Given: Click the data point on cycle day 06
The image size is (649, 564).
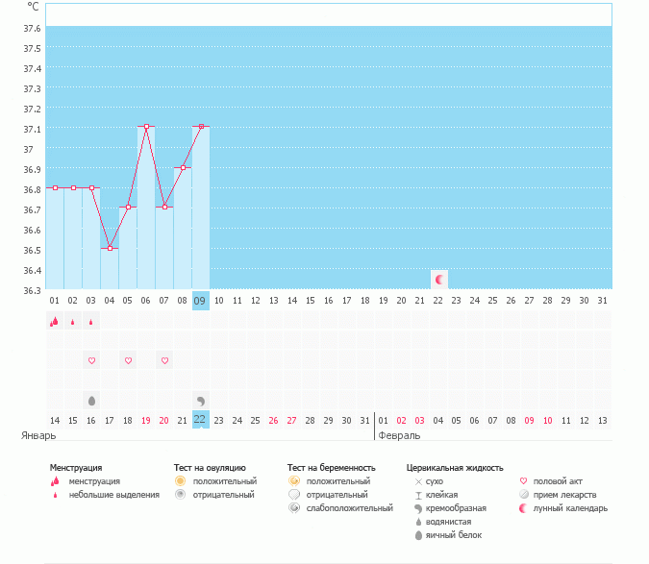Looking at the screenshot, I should (x=146, y=126).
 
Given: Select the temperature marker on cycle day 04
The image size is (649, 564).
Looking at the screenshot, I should (x=110, y=248).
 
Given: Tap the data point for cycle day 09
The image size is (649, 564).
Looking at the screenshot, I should (x=201, y=126).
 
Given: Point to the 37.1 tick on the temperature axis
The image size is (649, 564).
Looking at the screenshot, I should (x=32, y=129).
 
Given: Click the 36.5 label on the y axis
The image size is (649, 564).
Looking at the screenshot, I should (x=32, y=250).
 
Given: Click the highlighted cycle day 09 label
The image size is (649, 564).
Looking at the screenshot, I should (x=201, y=301).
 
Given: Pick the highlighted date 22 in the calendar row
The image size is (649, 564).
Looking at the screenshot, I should (x=201, y=420).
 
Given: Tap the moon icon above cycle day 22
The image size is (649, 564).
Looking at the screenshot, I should (x=439, y=280).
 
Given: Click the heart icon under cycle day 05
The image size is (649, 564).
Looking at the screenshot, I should (x=128, y=360).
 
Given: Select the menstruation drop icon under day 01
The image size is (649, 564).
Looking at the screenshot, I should (x=55, y=322).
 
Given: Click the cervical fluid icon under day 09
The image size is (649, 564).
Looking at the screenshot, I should (x=201, y=400).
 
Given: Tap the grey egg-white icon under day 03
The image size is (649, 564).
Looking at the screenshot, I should (x=92, y=400).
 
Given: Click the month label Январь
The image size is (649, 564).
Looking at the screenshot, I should (x=39, y=435).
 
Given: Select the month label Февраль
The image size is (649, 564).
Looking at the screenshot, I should (x=399, y=435).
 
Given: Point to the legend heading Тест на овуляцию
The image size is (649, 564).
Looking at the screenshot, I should (x=210, y=468).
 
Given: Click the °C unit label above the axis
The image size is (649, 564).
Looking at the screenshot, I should (x=34, y=6).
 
